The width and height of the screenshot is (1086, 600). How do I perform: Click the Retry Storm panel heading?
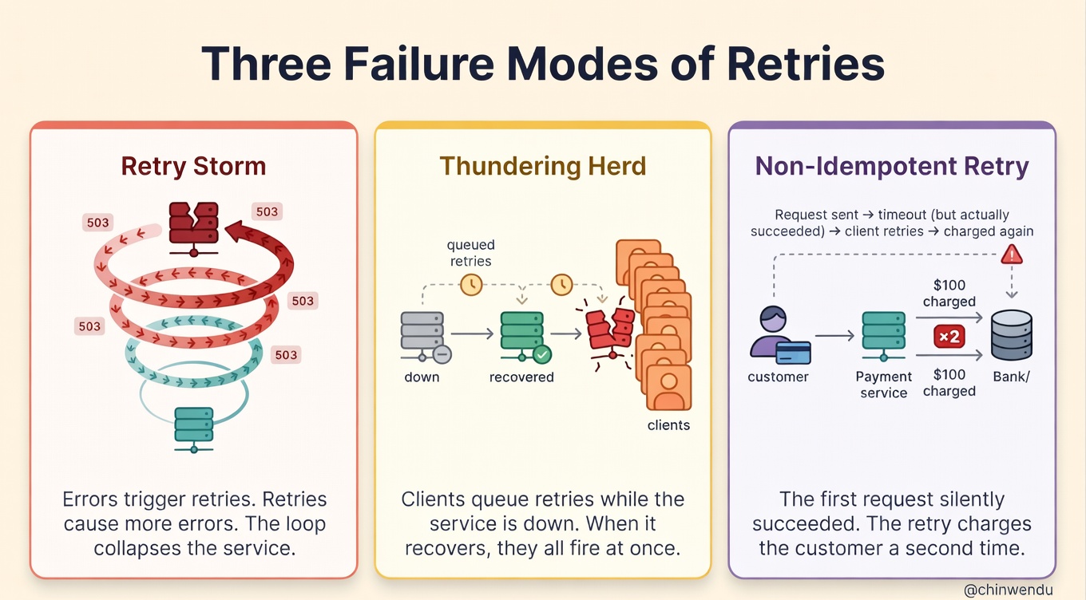(x=193, y=167)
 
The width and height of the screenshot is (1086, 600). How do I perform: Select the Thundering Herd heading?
(x=542, y=167)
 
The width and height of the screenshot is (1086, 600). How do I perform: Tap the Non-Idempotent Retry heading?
(x=892, y=167)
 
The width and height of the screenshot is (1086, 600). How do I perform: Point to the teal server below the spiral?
(x=193, y=427)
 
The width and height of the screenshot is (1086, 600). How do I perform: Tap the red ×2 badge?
(x=949, y=337)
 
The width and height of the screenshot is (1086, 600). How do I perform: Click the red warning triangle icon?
(x=1012, y=255)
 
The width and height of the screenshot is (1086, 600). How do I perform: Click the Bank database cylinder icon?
(x=1012, y=336)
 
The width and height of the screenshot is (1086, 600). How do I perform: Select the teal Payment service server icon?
(x=883, y=336)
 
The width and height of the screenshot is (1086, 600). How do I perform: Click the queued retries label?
(x=470, y=253)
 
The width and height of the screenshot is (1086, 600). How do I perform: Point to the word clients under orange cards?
(x=668, y=425)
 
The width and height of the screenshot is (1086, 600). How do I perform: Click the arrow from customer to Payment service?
(x=834, y=336)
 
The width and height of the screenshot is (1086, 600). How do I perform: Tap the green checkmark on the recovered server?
(x=542, y=354)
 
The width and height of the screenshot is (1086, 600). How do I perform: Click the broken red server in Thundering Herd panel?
(x=610, y=331)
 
